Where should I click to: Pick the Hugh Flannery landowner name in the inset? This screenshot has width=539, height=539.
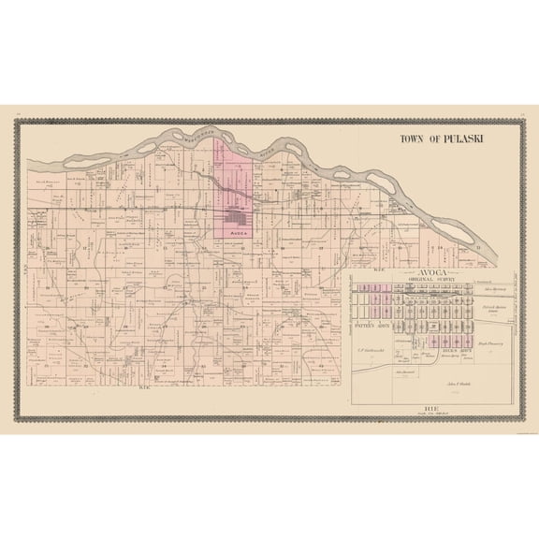[x=490, y=344]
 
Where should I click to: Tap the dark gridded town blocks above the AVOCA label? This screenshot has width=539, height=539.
[x=235, y=214]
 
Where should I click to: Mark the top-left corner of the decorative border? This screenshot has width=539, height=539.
[x=18, y=115]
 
